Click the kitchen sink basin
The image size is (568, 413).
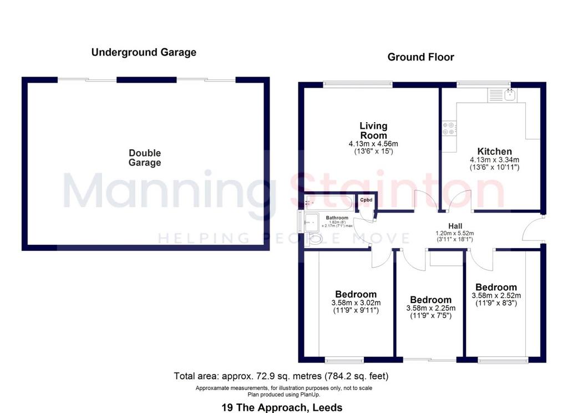(510, 95)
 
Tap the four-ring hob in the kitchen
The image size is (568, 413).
(449, 128)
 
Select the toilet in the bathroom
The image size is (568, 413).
(314, 239)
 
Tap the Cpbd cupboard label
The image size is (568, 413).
(366, 200)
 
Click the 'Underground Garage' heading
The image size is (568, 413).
(144, 53)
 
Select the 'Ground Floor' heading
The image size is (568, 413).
(420, 57)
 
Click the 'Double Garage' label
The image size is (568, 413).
(145, 158)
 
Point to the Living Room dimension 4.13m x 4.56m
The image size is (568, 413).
(373, 144)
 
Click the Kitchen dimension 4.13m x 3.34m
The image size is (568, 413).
(494, 159)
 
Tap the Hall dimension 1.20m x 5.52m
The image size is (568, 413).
(455, 233)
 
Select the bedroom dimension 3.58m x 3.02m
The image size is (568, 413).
(356, 303)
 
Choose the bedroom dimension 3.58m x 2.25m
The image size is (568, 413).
(430, 308)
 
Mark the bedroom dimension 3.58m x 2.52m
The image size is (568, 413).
(496, 295)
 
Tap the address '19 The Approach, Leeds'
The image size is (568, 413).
(282, 407)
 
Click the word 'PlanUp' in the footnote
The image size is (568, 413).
(311, 395)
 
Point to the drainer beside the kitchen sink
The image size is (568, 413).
(495, 95)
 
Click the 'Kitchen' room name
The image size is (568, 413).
(494, 151)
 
